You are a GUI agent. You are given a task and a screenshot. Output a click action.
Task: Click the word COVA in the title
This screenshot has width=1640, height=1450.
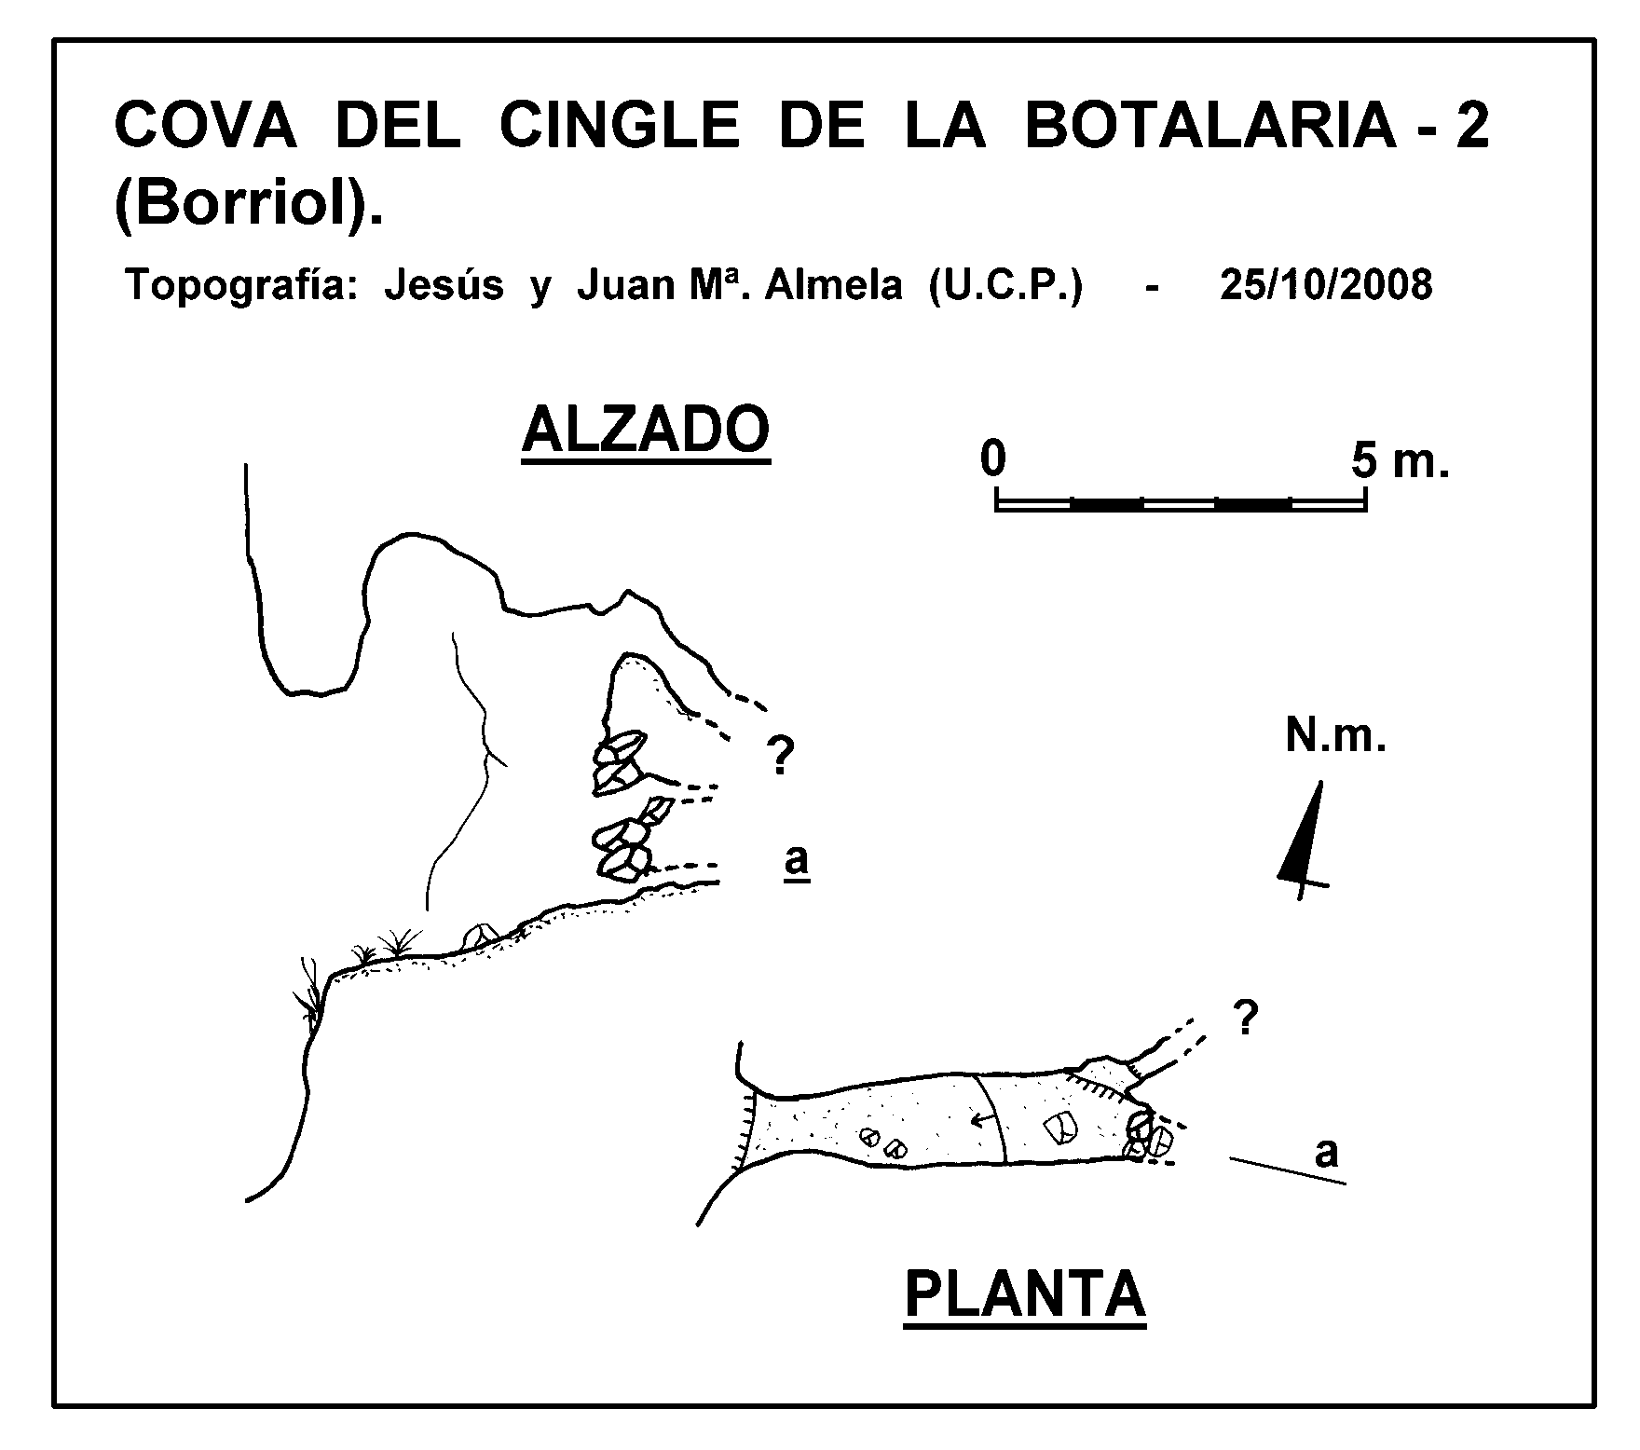(x=205, y=125)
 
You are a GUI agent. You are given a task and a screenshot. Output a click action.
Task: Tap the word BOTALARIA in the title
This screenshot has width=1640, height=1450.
(x=1209, y=125)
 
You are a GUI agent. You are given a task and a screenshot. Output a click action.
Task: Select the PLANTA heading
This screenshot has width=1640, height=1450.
(x=1025, y=1294)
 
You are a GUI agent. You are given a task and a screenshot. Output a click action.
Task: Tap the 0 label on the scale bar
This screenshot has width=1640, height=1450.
(x=993, y=460)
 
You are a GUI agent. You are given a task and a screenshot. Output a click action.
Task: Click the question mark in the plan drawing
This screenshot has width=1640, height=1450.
(x=1245, y=1019)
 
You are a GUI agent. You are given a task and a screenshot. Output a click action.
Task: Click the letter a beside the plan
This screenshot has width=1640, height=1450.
(x=1326, y=1154)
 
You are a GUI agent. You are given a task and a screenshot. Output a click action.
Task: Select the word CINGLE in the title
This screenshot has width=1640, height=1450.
(x=620, y=125)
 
